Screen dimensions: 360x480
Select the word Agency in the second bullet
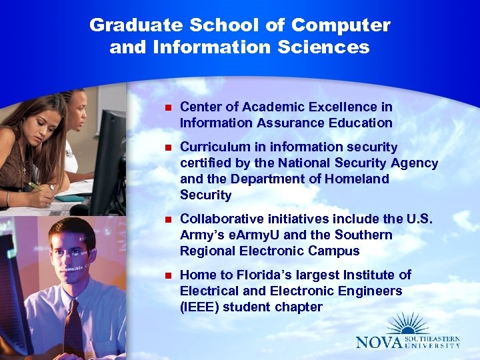tap(416, 163)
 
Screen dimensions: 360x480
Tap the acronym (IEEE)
tap(199, 307)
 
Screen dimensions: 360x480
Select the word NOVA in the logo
tap(379, 342)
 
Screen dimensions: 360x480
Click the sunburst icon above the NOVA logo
tap(408, 323)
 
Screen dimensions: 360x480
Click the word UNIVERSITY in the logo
tap(433, 345)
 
